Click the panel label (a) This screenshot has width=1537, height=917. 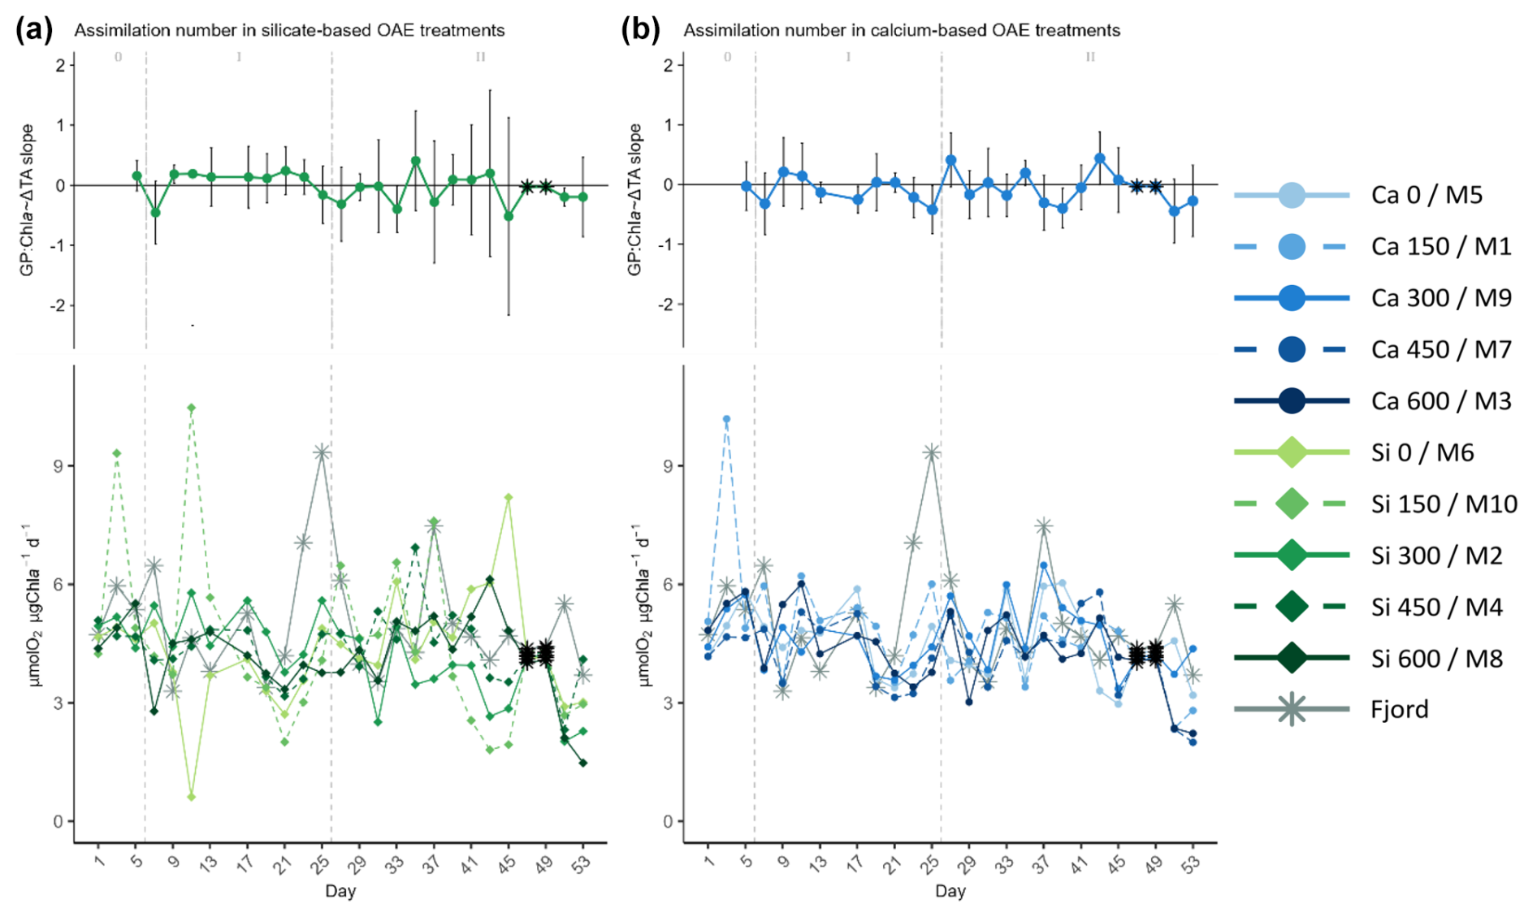point(34,30)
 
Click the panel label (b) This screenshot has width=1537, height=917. point(640,30)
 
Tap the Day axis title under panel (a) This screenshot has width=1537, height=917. point(340,891)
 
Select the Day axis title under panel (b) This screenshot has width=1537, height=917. point(950,891)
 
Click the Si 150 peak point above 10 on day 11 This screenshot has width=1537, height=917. point(191,408)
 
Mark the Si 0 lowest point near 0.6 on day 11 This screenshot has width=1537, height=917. point(191,797)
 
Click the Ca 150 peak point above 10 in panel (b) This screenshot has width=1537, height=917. point(726,419)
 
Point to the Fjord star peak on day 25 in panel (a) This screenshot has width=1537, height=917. point(322,452)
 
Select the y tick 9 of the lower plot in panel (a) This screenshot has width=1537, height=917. point(58,466)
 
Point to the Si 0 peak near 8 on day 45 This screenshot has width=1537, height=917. point(509,497)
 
